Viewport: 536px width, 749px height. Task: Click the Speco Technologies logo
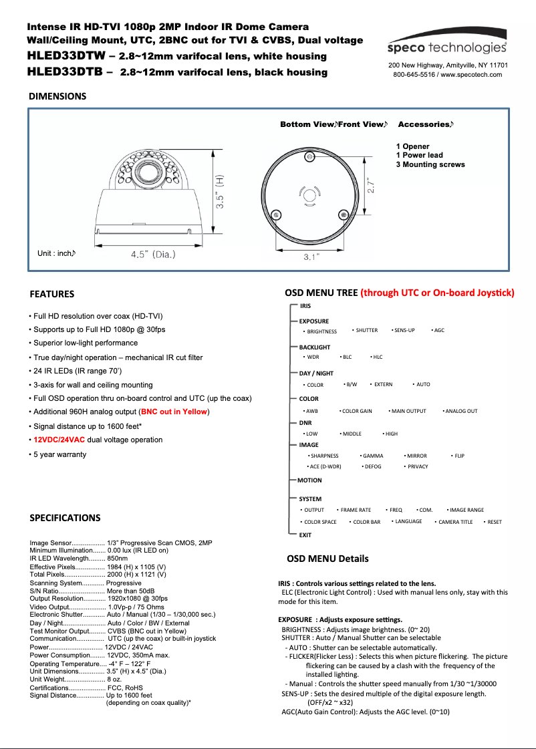pyautogui.click(x=448, y=47)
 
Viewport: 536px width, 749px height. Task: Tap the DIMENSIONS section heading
pyautogui.click(x=57, y=96)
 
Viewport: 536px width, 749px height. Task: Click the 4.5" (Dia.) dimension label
pyautogui.click(x=153, y=254)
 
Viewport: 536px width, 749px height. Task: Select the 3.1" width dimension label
pyautogui.click(x=311, y=257)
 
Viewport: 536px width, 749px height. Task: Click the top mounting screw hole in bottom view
pyautogui.click(x=310, y=157)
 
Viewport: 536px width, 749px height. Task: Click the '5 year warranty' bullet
pyautogui.click(x=58, y=454)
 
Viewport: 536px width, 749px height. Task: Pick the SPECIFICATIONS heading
pyautogui.click(x=65, y=518)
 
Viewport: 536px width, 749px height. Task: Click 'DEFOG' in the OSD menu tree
pyautogui.click(x=372, y=466)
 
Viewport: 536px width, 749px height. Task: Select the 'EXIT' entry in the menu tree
pyautogui.click(x=305, y=535)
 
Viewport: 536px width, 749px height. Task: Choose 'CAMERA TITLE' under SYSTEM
pyautogui.click(x=455, y=522)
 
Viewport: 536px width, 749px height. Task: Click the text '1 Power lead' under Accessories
pyautogui.click(x=419, y=155)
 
